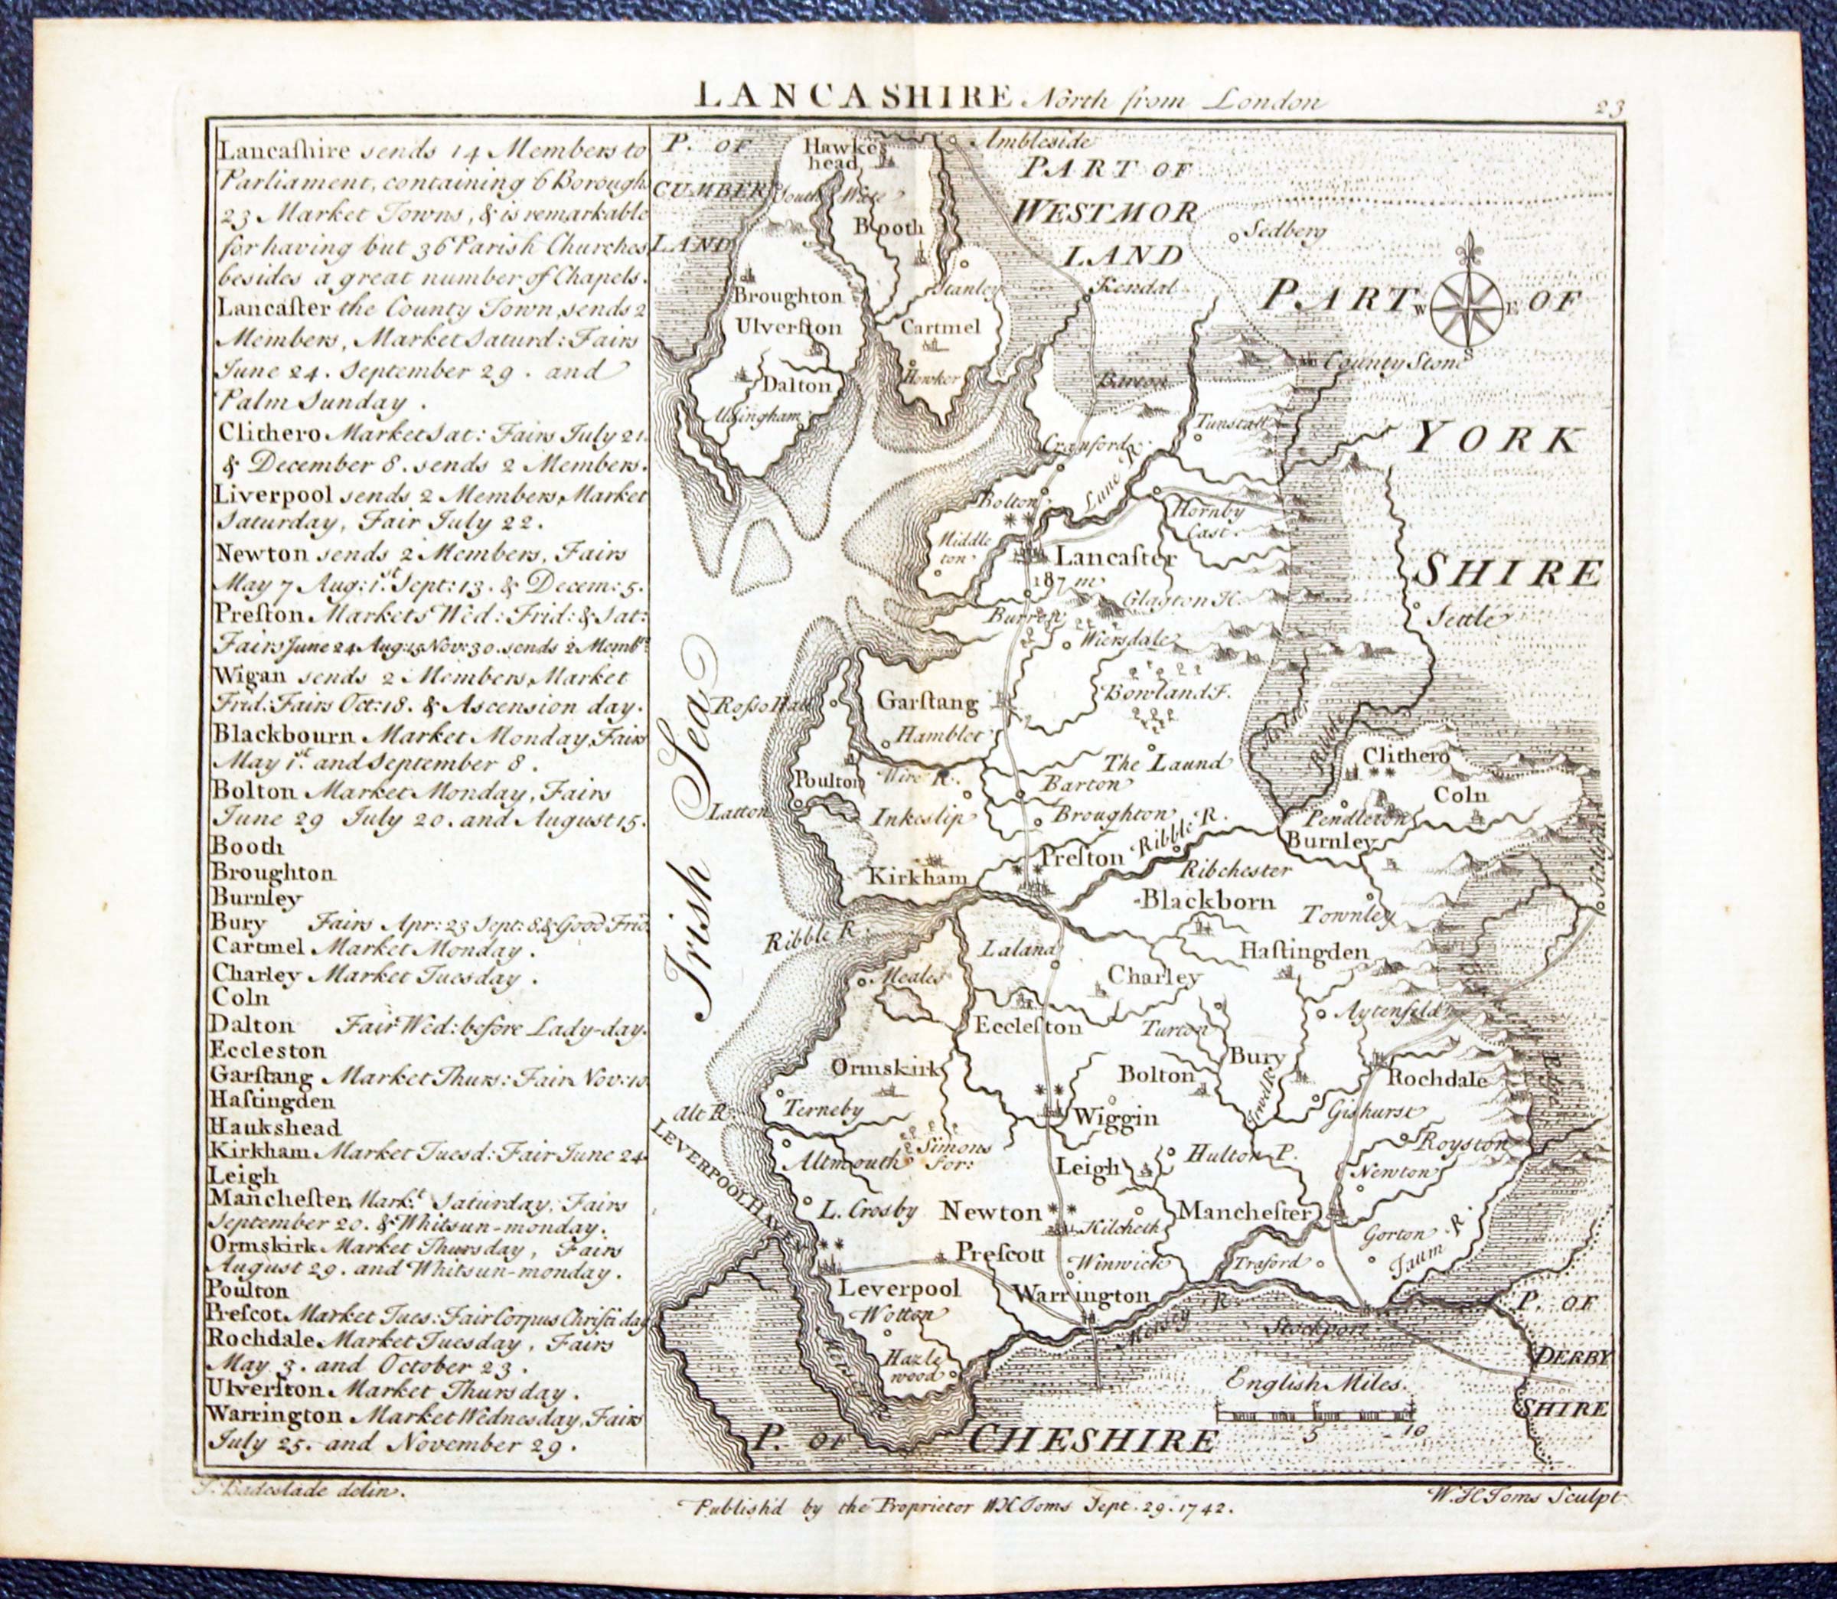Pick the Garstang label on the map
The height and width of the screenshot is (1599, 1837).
(928, 702)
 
